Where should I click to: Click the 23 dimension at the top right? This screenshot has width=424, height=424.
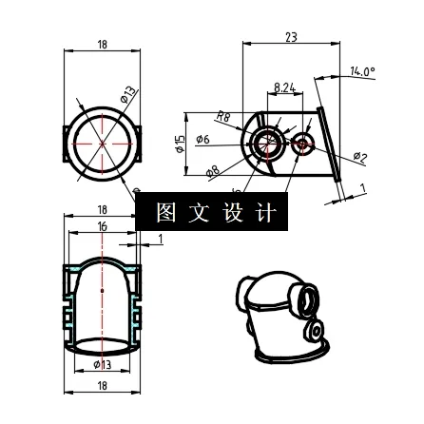pos(291,37)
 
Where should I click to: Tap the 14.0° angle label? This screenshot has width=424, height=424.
pos(362,71)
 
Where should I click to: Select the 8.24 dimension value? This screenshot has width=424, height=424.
pos(284,88)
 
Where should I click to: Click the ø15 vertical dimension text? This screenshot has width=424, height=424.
pos(178,143)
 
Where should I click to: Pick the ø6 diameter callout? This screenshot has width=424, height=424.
pos(202,140)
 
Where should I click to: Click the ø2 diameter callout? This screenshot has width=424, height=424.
pos(359,157)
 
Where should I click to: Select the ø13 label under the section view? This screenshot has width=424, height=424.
pos(103,364)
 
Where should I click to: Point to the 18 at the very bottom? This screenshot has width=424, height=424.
pos(103,386)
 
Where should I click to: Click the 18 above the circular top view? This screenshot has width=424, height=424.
pos(103,44)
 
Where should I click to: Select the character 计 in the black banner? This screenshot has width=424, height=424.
pos(264,212)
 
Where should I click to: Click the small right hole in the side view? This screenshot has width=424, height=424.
pos(303,145)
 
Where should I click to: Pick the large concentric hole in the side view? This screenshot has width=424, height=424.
pos(265,143)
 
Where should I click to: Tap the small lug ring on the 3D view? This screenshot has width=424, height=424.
pos(314,332)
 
